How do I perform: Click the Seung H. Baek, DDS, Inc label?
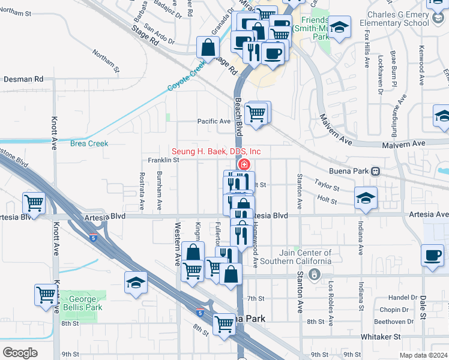pos(216,151)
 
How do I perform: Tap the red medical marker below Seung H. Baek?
pos(244,164)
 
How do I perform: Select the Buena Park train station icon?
pos(375,171)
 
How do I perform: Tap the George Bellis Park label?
pos(82,303)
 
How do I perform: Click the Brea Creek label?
pos(89,143)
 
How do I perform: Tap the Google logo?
pos(20,353)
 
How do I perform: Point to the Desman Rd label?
pos(23,79)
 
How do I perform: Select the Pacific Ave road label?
pos(214,121)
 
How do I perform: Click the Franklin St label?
pos(164,160)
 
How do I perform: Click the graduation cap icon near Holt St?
pos(366,198)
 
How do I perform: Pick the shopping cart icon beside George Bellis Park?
pos(46,295)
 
